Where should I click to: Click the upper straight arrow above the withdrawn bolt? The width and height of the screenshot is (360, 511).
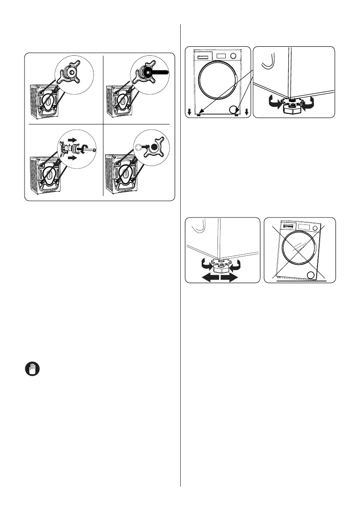[x=73, y=139]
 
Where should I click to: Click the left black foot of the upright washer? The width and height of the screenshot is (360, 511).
[x=198, y=115]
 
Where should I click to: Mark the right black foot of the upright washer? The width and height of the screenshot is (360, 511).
[x=236, y=115]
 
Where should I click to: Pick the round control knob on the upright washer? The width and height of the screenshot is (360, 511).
[x=233, y=56]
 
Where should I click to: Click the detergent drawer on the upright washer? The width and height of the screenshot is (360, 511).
[x=204, y=56]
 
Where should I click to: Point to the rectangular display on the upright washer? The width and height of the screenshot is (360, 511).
[x=221, y=56]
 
